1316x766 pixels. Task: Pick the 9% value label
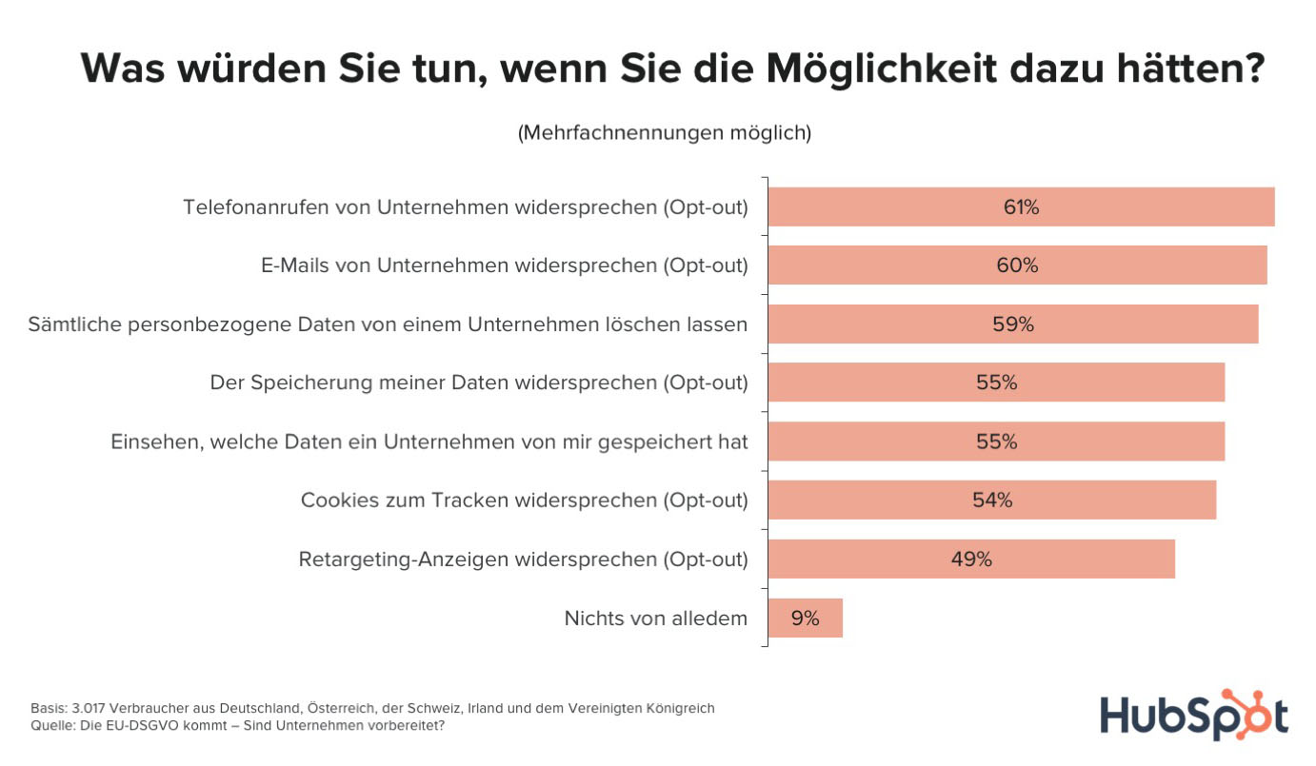pos(805,619)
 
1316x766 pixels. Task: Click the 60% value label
pos(1017,266)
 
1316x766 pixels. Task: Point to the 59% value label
pos(1012,324)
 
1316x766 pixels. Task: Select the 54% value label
pos(992,501)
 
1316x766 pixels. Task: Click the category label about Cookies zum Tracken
pos(524,501)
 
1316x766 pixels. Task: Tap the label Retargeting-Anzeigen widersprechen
pos(523,560)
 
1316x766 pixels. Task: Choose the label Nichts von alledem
pos(655,619)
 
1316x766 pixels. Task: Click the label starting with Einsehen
pos(429,442)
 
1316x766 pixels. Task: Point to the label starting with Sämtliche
pos(388,325)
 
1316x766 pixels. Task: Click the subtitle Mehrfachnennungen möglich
pos(664,133)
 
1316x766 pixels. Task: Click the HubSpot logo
pos(1194,715)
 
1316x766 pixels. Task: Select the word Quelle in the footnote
pos(50,726)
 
